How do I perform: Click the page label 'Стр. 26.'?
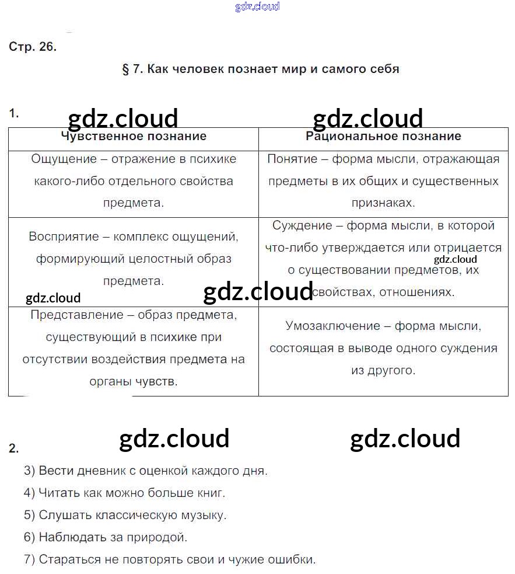pos(33,47)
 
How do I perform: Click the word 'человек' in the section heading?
pos(198,69)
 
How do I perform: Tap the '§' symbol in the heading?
pos(125,69)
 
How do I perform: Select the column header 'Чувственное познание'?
pos(134,137)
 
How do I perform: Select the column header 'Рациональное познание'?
pos(383,137)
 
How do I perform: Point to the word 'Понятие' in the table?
pos(292,159)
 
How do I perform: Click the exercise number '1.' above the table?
pos(14,114)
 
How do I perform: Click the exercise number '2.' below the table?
pos(14,448)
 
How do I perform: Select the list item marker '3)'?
pos(30,471)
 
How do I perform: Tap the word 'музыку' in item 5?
pos(203,515)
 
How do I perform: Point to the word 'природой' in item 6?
pos(160,537)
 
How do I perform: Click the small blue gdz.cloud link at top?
pos(257,6)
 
